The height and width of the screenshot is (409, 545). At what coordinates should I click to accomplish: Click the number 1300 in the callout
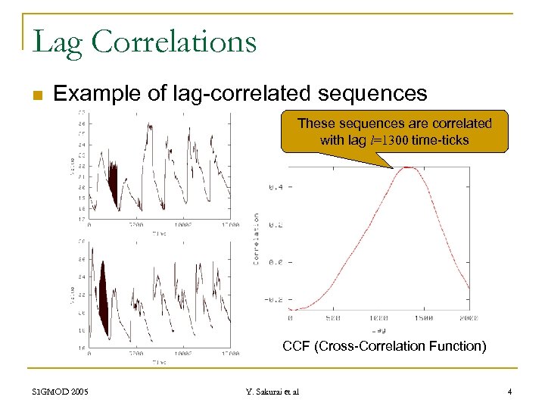pos(392,140)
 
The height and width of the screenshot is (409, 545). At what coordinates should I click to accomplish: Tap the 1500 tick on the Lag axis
pos(424,319)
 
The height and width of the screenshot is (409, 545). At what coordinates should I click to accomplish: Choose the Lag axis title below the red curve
pos(379,329)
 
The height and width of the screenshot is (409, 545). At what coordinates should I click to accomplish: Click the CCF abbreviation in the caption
pos(297,347)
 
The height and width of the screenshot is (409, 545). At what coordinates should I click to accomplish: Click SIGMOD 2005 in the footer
pos(61,392)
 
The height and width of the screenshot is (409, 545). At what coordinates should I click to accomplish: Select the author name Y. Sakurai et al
pos(272,392)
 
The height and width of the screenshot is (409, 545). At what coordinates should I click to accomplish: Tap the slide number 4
pos(510,392)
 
